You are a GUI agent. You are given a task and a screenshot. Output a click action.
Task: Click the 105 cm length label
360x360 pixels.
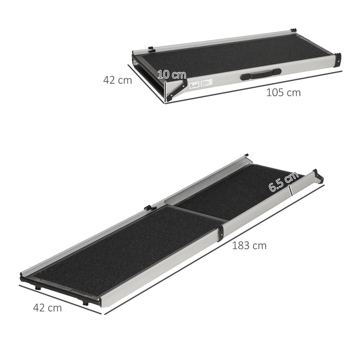283,93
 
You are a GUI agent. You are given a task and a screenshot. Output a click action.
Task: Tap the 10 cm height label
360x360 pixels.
172,74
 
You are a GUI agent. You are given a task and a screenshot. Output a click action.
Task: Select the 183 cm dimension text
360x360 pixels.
249,245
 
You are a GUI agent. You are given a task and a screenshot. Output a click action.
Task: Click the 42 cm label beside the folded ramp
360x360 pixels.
117,80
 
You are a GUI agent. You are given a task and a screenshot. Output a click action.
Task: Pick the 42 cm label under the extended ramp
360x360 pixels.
47,308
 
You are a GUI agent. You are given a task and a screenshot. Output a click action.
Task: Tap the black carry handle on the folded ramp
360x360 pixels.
261,74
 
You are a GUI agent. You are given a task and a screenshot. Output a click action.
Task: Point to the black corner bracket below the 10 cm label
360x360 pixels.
173,89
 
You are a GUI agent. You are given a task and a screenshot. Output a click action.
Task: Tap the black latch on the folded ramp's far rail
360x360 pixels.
151,49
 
